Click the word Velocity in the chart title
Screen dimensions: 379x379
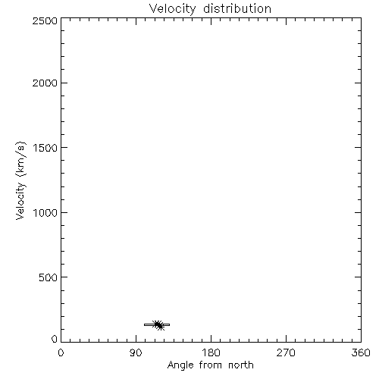[172, 9]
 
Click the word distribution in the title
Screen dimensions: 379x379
[237, 8]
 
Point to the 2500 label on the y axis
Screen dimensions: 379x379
[45, 20]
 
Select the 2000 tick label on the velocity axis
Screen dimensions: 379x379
[45, 83]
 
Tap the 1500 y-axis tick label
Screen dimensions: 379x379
[45, 148]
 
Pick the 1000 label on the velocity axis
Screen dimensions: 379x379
[45, 212]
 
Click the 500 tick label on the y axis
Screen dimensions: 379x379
[49, 277]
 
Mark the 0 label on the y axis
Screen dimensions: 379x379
[55, 339]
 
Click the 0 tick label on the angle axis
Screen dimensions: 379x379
[61, 352]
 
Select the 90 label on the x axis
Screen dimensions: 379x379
[136, 352]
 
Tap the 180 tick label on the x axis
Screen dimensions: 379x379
[211, 352]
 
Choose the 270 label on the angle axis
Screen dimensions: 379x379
[286, 352]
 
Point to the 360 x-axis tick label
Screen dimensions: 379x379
[361, 352]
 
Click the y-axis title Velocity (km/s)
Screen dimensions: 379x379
[20, 180]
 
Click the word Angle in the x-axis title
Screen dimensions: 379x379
[180, 365]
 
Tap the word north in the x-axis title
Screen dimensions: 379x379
[241, 365]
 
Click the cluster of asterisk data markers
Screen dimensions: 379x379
[158, 325]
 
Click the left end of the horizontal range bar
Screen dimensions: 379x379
[144, 324]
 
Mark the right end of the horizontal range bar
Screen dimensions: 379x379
[170, 324]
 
